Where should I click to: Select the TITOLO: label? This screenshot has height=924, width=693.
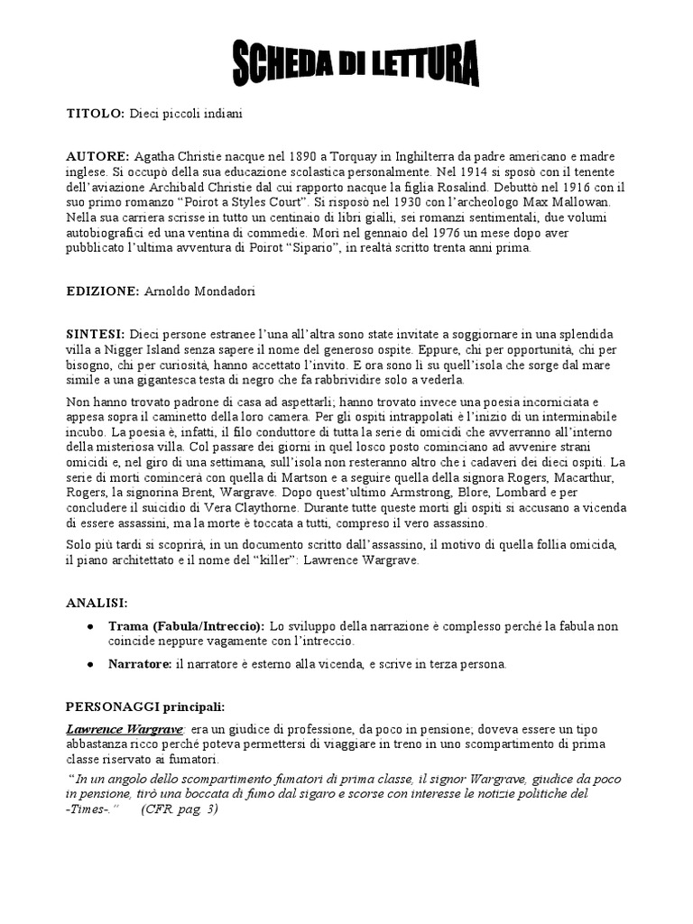(x=96, y=115)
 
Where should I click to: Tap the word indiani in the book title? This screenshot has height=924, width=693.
(x=222, y=115)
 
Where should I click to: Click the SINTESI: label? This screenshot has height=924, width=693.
(x=96, y=334)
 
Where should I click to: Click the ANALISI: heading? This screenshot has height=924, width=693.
(x=97, y=602)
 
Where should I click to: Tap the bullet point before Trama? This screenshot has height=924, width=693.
(x=89, y=626)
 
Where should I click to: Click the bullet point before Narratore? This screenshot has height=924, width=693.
(x=89, y=665)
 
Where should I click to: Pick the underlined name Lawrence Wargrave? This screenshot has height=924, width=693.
(x=125, y=728)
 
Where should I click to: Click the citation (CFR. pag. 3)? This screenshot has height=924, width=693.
(x=180, y=808)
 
